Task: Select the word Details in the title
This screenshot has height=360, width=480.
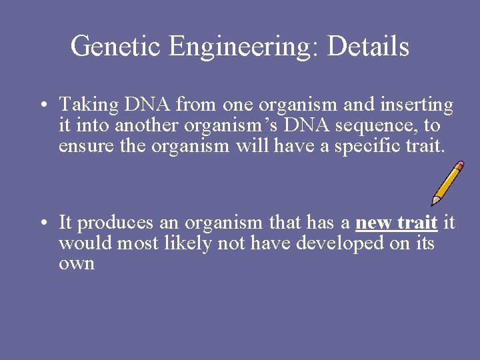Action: pyautogui.click(x=368, y=47)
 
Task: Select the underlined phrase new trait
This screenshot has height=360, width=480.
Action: pyautogui.click(x=397, y=222)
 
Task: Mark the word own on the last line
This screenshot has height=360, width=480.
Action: pyautogui.click(x=77, y=264)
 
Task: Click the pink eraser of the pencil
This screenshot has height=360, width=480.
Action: pyautogui.click(x=459, y=164)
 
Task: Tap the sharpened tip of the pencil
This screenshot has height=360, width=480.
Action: pyautogui.click(x=434, y=201)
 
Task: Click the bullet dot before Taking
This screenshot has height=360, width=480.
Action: pyautogui.click(x=41, y=105)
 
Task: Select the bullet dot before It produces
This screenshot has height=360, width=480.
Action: pyautogui.click(x=41, y=222)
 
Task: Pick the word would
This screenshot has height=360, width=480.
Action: pyautogui.click(x=85, y=243)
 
